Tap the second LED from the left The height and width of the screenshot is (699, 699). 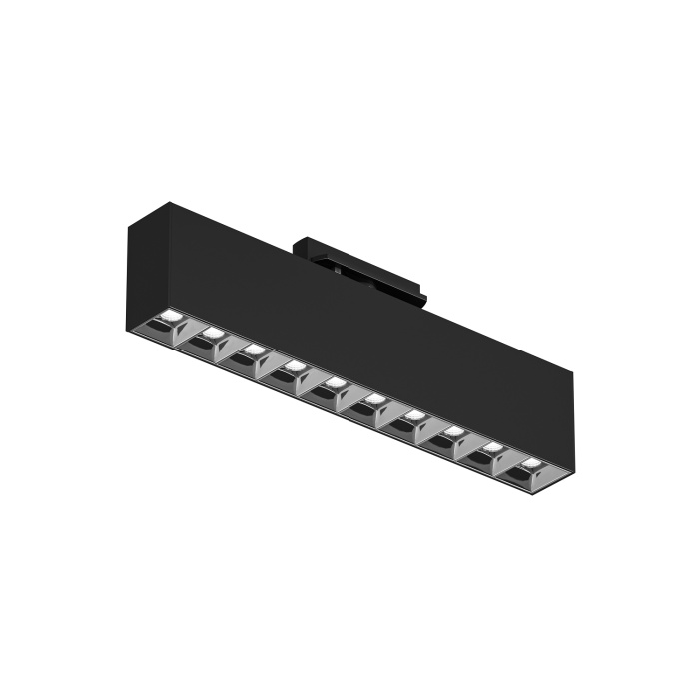point(211,333)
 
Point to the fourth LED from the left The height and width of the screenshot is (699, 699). point(294,365)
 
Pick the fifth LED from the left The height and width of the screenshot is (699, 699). point(334,382)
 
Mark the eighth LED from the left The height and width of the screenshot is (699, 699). point(453,431)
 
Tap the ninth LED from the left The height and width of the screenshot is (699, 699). point(492,447)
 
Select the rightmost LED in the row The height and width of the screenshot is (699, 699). point(529,463)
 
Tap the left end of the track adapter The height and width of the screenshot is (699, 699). point(298,246)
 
